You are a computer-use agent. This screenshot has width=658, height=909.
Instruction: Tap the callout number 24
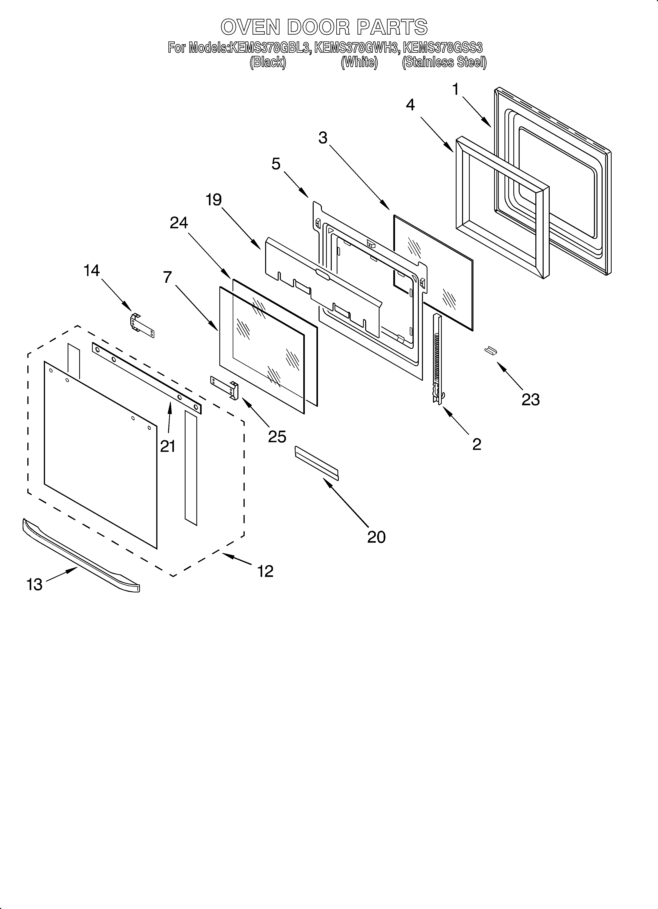[x=179, y=222]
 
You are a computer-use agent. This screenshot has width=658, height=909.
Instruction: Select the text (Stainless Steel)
[x=444, y=63]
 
